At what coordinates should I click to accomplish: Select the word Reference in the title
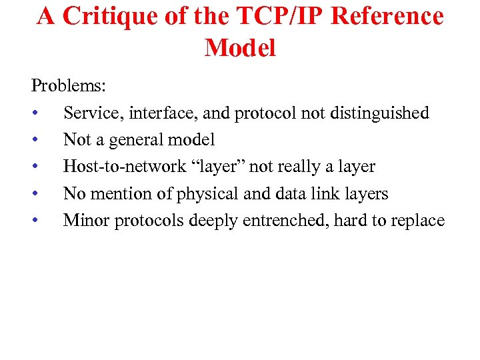387,17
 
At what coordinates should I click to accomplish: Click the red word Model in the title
240,48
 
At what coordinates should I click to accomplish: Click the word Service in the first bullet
89,113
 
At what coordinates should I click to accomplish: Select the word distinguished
379,113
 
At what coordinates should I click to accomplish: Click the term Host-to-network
125,167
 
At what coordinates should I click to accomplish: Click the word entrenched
287,220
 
